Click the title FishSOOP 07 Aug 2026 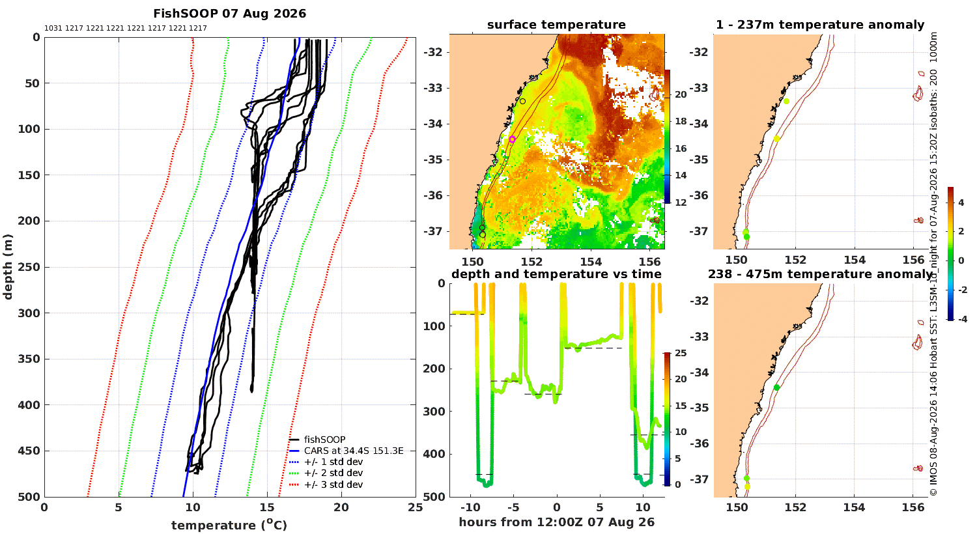coord(229,14)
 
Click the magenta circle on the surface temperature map coord(513,139)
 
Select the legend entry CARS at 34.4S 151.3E coord(353,451)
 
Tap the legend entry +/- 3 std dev coord(333,485)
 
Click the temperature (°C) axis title coord(229,525)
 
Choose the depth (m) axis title coord(7,267)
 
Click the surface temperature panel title coord(556,25)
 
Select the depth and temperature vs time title coord(556,274)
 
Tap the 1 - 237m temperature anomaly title coord(820,25)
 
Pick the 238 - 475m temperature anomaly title coord(820,274)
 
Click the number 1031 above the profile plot coord(53,29)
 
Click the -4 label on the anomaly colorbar coord(961,319)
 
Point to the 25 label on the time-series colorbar coord(681,353)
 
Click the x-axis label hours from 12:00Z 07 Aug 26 coord(556,522)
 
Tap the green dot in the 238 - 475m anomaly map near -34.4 coord(776,387)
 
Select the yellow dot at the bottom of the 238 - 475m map coord(746,486)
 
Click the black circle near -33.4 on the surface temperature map coord(522,101)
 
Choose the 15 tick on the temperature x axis coord(267,507)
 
